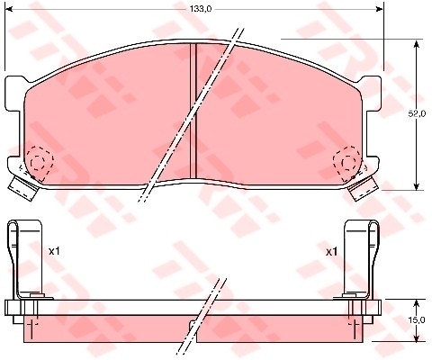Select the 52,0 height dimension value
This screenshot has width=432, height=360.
416,114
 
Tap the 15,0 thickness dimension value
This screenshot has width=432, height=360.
416,319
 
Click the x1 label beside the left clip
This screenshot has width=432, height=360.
53,251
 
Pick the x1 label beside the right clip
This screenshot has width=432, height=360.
331,251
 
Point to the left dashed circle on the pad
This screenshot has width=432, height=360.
39,161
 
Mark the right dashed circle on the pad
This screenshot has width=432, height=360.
347,162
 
